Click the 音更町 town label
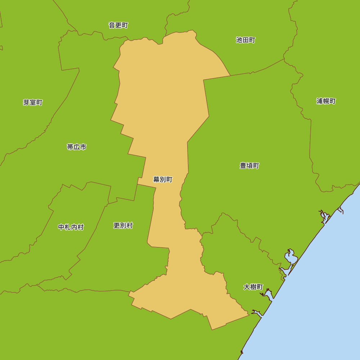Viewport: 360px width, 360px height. click(x=118, y=25)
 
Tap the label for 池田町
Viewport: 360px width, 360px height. click(x=246, y=40)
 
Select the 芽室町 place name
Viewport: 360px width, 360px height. click(x=33, y=103)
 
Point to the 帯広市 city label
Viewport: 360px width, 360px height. click(x=77, y=147)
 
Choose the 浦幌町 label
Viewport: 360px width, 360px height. click(x=326, y=101)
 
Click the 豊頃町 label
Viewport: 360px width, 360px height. click(x=249, y=166)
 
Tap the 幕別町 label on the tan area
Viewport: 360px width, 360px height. click(x=163, y=179)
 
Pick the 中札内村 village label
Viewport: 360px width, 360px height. click(x=71, y=227)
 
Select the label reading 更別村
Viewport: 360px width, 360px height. click(x=123, y=225)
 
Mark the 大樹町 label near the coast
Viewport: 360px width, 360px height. click(x=253, y=287)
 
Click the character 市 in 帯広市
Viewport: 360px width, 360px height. click(x=83, y=147)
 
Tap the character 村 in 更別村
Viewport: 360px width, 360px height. click(x=130, y=225)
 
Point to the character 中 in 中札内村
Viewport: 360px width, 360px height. click(x=61, y=227)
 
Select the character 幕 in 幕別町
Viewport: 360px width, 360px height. click(x=156, y=179)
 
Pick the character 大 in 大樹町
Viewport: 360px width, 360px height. click(x=247, y=287)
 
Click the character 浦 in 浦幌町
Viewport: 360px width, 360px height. click(x=320, y=101)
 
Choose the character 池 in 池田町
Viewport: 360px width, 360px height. click(x=239, y=40)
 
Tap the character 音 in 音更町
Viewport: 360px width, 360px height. click(x=112, y=25)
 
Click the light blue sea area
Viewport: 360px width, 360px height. click(x=317, y=288)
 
